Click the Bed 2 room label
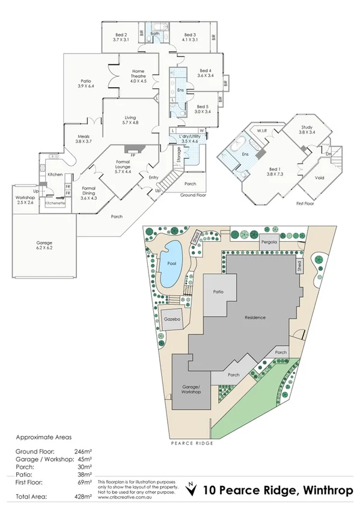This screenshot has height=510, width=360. [x=121, y=35]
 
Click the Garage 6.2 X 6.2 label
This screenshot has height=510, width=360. [x=44, y=244]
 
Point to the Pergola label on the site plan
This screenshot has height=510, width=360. [x=269, y=242]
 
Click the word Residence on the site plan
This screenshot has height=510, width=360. [x=254, y=317]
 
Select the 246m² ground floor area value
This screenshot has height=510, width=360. [x=85, y=451]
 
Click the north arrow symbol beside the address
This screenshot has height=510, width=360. [x=192, y=490]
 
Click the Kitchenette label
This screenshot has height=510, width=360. [x=56, y=203]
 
